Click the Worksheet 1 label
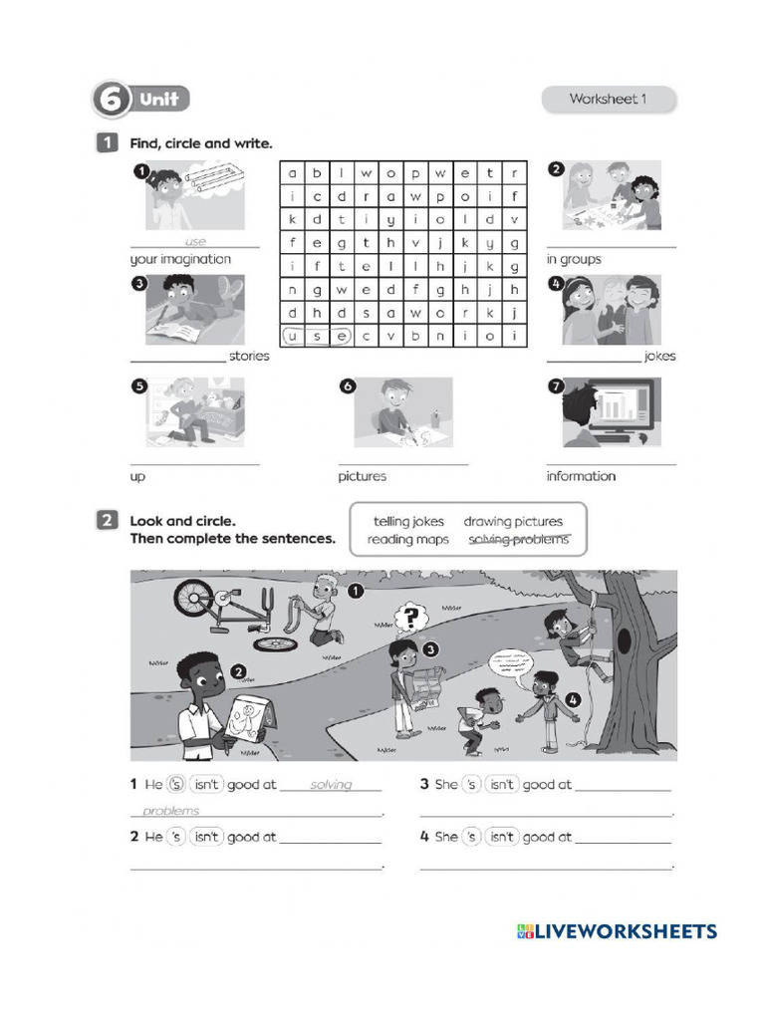click(x=608, y=99)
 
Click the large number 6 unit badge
click(x=113, y=100)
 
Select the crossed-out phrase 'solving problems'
click(x=519, y=539)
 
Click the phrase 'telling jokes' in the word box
click(x=408, y=521)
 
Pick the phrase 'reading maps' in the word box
click(x=407, y=540)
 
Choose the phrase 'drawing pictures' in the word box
click(x=513, y=521)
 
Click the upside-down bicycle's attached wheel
click(x=194, y=598)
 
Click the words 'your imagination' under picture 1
click(x=180, y=259)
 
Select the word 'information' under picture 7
click(x=581, y=476)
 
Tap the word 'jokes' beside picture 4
click(x=659, y=356)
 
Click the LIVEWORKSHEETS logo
click(x=617, y=931)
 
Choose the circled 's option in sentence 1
click(x=176, y=785)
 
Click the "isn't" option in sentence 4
click(x=501, y=837)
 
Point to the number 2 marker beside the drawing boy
click(x=238, y=671)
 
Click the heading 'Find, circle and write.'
click(x=200, y=143)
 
